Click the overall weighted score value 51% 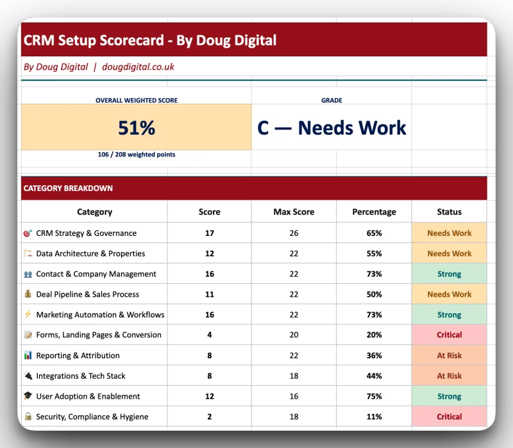tap(137, 128)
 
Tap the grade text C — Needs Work tap(332, 128)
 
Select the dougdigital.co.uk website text tap(138, 67)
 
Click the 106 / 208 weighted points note tap(137, 154)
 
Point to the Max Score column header tap(294, 212)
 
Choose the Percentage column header tap(374, 212)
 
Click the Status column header tap(449, 212)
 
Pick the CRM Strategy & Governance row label tap(86, 233)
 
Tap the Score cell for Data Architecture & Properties tap(209, 253)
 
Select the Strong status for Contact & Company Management tap(449, 274)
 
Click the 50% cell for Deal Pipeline tap(374, 294)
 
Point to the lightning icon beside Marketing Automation tap(28, 315)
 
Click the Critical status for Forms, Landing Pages tap(449, 335)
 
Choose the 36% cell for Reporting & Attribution tap(374, 355)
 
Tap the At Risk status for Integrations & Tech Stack tap(449, 376)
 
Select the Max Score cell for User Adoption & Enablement tap(294, 396)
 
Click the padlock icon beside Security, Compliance tap(28, 417)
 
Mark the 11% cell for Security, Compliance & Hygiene tap(374, 417)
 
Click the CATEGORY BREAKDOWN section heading tap(68, 188)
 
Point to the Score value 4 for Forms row tap(209, 335)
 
